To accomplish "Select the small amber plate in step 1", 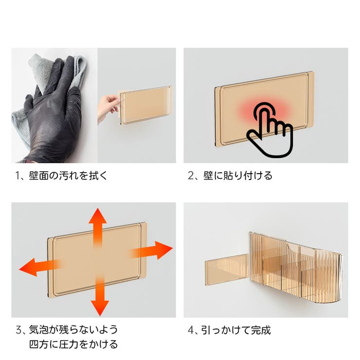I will click(x=144, y=105).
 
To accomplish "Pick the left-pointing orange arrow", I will click(x=36, y=267).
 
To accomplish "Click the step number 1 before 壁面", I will click(x=18, y=176).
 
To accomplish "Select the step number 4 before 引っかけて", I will click(x=191, y=330).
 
